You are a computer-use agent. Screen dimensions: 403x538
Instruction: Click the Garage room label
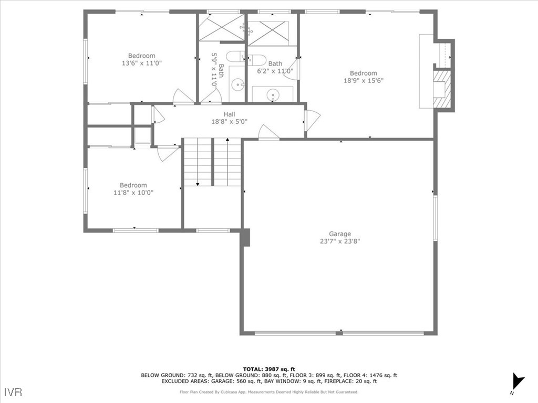(339, 234)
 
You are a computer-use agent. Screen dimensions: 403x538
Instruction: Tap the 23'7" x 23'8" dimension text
(339, 241)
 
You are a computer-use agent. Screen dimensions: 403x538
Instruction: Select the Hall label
(229, 114)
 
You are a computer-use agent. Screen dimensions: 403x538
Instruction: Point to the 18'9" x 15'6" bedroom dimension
(363, 81)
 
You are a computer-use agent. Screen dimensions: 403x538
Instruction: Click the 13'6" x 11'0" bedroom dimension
(141, 63)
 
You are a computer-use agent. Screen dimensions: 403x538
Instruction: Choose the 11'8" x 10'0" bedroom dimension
(133, 193)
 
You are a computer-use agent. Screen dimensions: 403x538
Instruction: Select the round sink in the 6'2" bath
(273, 95)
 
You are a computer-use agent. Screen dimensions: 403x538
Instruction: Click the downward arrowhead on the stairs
(198, 184)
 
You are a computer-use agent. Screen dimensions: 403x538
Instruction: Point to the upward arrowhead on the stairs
(227, 140)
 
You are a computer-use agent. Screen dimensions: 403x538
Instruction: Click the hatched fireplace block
(442, 89)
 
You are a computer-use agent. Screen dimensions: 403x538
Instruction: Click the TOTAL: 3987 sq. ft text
(269, 369)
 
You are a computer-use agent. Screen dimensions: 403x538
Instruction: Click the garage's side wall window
(435, 218)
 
